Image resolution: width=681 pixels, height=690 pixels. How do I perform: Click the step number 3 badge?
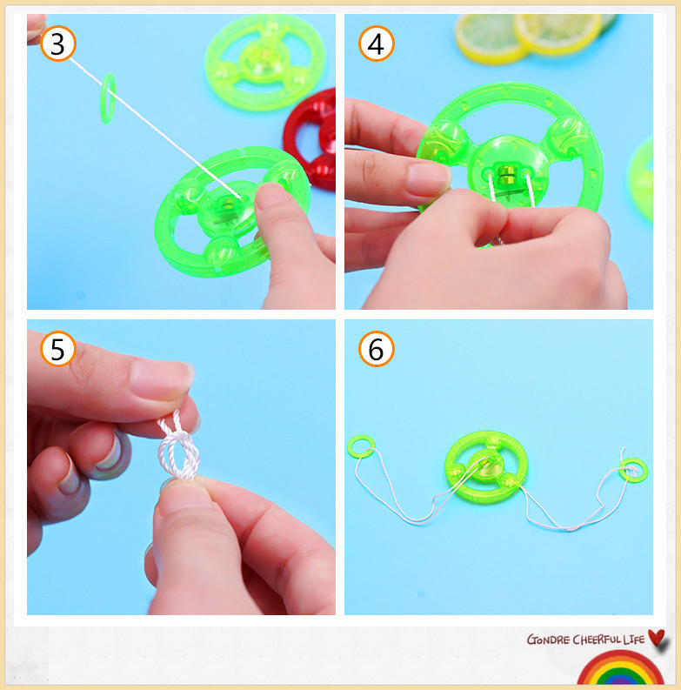point(58,44)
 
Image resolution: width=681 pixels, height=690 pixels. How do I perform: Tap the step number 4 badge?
point(376,44)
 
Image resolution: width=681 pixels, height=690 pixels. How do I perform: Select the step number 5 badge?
point(58,349)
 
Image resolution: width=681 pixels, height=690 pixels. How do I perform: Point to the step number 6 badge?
point(376,349)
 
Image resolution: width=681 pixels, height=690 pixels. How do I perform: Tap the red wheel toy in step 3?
point(310,139)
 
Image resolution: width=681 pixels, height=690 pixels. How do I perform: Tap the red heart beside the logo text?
point(658,638)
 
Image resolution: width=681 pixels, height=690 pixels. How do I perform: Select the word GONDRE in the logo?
point(548,640)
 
